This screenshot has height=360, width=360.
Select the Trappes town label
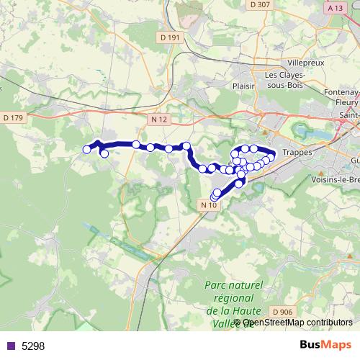(x=297, y=153)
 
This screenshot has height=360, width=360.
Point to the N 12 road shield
(x=160, y=119)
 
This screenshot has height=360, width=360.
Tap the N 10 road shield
(x=208, y=205)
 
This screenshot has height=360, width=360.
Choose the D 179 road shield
(x=13, y=117)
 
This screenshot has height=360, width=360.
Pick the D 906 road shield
(x=284, y=312)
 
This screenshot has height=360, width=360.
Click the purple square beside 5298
(x=10, y=346)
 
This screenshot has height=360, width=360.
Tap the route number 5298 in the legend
(x=33, y=346)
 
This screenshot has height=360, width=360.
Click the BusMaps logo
(x=325, y=346)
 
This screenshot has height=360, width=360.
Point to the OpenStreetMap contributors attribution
(x=297, y=323)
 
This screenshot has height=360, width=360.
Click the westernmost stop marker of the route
(x=87, y=150)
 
